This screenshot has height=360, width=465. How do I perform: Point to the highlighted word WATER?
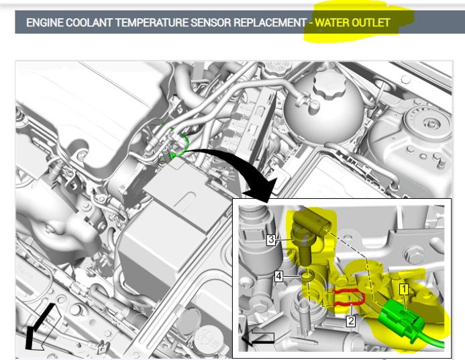[x=331, y=23]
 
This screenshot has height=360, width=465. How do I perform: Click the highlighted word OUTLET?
[x=370, y=23]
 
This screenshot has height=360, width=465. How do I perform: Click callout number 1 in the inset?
[x=404, y=289]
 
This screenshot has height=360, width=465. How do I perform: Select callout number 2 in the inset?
[x=351, y=320]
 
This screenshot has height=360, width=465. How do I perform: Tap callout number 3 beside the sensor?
[x=271, y=240]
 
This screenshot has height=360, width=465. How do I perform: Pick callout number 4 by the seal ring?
[x=278, y=276]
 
